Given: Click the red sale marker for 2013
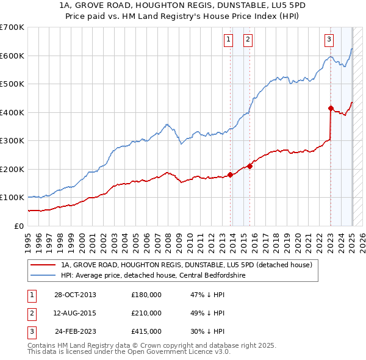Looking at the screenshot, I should click(230, 175).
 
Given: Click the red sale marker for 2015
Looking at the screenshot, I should click(250, 166).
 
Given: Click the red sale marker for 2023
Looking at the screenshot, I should click(331, 108).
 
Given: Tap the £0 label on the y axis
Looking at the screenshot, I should click(20, 226).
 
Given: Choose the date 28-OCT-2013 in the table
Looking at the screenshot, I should click(74, 295).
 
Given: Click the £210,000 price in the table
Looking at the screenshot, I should click(146, 313).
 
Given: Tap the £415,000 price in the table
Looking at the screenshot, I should click(146, 332).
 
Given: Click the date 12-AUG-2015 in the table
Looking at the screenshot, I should click(74, 313).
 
